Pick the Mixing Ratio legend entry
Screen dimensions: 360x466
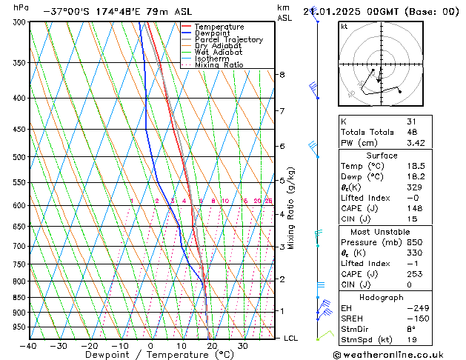[219, 65]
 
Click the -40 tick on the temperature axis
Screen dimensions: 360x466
[28, 346]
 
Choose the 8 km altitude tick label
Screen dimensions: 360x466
[282, 75]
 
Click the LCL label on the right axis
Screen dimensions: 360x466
[292, 339]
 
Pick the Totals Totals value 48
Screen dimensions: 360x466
[413, 132]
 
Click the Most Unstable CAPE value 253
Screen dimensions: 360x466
[415, 273]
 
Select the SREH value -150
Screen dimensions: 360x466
[416, 319]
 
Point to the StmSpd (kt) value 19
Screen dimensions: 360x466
[413, 340]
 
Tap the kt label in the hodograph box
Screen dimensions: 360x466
[344, 26]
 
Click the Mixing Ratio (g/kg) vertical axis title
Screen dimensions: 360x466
[291, 208]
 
